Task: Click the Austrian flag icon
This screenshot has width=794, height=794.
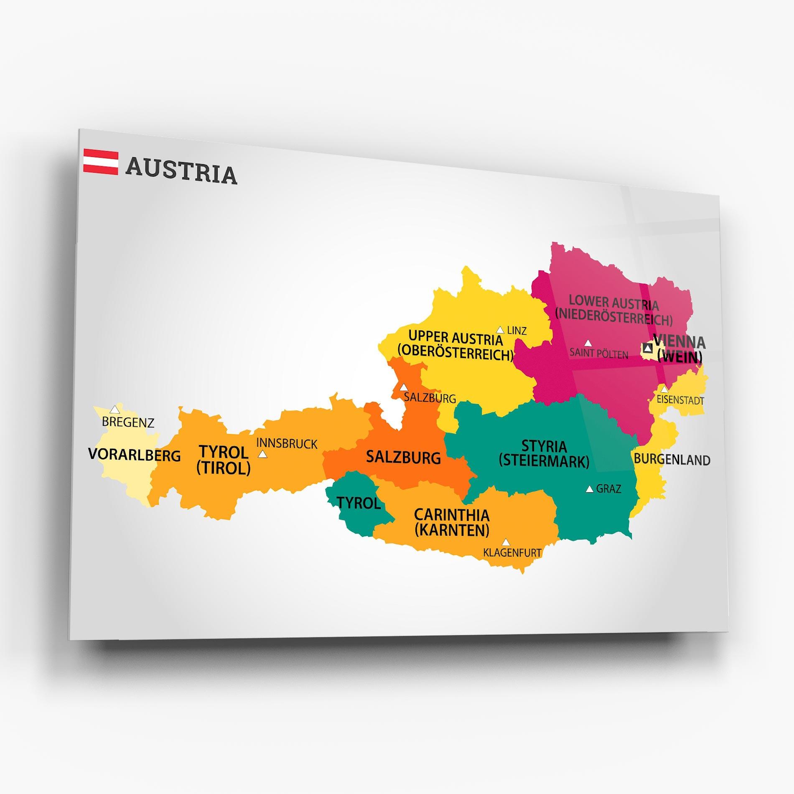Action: point(101,161)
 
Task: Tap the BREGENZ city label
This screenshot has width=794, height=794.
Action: point(128,422)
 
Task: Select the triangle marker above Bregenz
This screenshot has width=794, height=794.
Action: point(115,410)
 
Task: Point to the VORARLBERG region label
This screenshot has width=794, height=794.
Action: point(134,455)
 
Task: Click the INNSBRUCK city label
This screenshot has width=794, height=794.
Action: point(287,443)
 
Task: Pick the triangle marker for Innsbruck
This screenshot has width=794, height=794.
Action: point(262,454)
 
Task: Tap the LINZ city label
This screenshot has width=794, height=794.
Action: point(517,331)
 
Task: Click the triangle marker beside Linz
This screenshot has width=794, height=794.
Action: point(500,330)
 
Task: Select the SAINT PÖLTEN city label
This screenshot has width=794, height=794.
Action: point(599,354)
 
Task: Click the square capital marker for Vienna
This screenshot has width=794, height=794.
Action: point(647,348)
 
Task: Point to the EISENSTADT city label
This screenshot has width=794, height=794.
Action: point(680,400)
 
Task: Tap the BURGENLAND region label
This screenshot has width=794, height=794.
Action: point(672,459)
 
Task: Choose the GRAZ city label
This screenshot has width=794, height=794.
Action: point(608,489)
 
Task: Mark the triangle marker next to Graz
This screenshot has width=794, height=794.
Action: point(590,489)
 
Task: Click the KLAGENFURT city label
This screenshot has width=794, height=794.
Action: point(512,552)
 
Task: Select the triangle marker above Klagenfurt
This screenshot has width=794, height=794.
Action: point(506,542)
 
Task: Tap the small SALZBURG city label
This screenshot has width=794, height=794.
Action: point(430,398)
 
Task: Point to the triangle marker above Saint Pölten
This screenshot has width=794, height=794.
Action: point(588,343)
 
